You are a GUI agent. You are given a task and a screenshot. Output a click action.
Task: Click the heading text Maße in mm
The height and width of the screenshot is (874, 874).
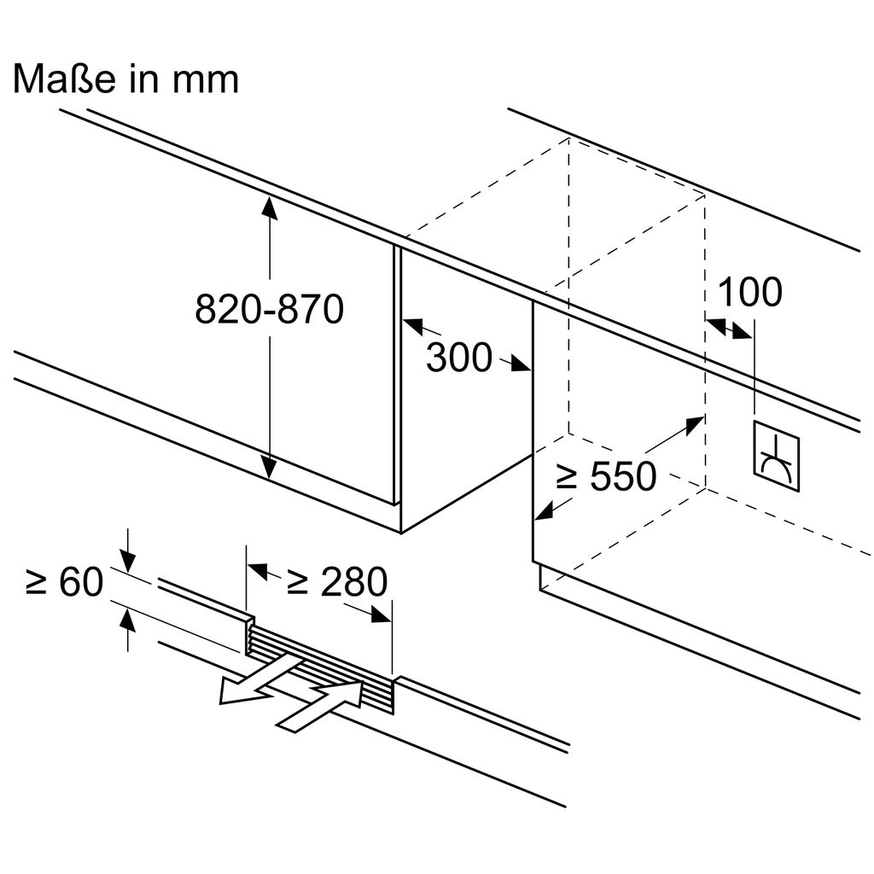(125, 79)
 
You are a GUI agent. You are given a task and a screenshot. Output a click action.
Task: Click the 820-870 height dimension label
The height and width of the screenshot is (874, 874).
(269, 308)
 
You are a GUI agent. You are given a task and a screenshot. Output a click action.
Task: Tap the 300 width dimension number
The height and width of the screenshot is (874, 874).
(459, 358)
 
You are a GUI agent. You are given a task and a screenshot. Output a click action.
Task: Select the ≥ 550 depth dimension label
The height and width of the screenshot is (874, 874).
(606, 476)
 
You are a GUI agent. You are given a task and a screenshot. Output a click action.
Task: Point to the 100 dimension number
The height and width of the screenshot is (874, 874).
(749, 292)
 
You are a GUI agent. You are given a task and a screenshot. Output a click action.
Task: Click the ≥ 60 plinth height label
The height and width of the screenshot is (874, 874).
(64, 582)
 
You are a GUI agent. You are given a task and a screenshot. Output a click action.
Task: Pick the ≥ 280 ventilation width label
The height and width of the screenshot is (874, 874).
(336, 582)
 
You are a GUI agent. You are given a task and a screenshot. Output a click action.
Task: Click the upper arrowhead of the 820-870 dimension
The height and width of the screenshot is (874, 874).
(269, 205)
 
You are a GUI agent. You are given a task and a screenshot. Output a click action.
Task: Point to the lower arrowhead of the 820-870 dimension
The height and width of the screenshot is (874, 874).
(269, 469)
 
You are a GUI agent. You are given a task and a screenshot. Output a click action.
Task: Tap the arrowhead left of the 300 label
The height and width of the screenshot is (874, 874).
(411, 324)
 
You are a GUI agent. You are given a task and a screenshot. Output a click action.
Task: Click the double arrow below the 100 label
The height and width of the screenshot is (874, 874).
(730, 329)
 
